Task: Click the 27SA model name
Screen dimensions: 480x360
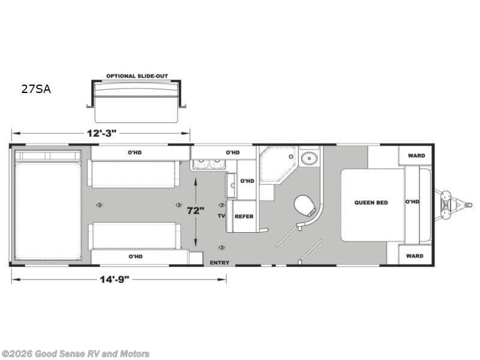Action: click(x=36, y=89)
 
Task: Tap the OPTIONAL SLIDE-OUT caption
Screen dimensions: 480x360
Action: click(x=137, y=76)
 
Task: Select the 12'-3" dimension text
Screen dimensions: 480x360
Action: click(x=101, y=133)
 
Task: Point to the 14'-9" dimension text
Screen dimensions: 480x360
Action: click(x=115, y=280)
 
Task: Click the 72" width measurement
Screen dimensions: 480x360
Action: click(x=196, y=211)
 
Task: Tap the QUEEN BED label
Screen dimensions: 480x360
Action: click(x=371, y=203)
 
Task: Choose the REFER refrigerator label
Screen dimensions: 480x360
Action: click(x=244, y=217)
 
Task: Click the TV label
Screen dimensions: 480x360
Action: click(x=221, y=216)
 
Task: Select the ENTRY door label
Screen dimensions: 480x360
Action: click(x=220, y=263)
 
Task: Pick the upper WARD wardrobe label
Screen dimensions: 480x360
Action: click(x=416, y=155)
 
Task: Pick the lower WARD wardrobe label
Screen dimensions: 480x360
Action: click(x=415, y=256)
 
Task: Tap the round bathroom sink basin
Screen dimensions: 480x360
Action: click(x=309, y=158)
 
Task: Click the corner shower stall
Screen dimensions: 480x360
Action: click(x=277, y=164)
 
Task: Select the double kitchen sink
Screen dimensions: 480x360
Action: click(x=209, y=164)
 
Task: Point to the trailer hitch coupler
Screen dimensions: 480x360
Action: click(x=467, y=203)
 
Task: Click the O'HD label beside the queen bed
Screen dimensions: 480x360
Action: click(x=412, y=202)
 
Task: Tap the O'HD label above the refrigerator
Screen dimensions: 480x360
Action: click(x=247, y=181)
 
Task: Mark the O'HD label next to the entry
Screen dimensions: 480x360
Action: click(x=136, y=257)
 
